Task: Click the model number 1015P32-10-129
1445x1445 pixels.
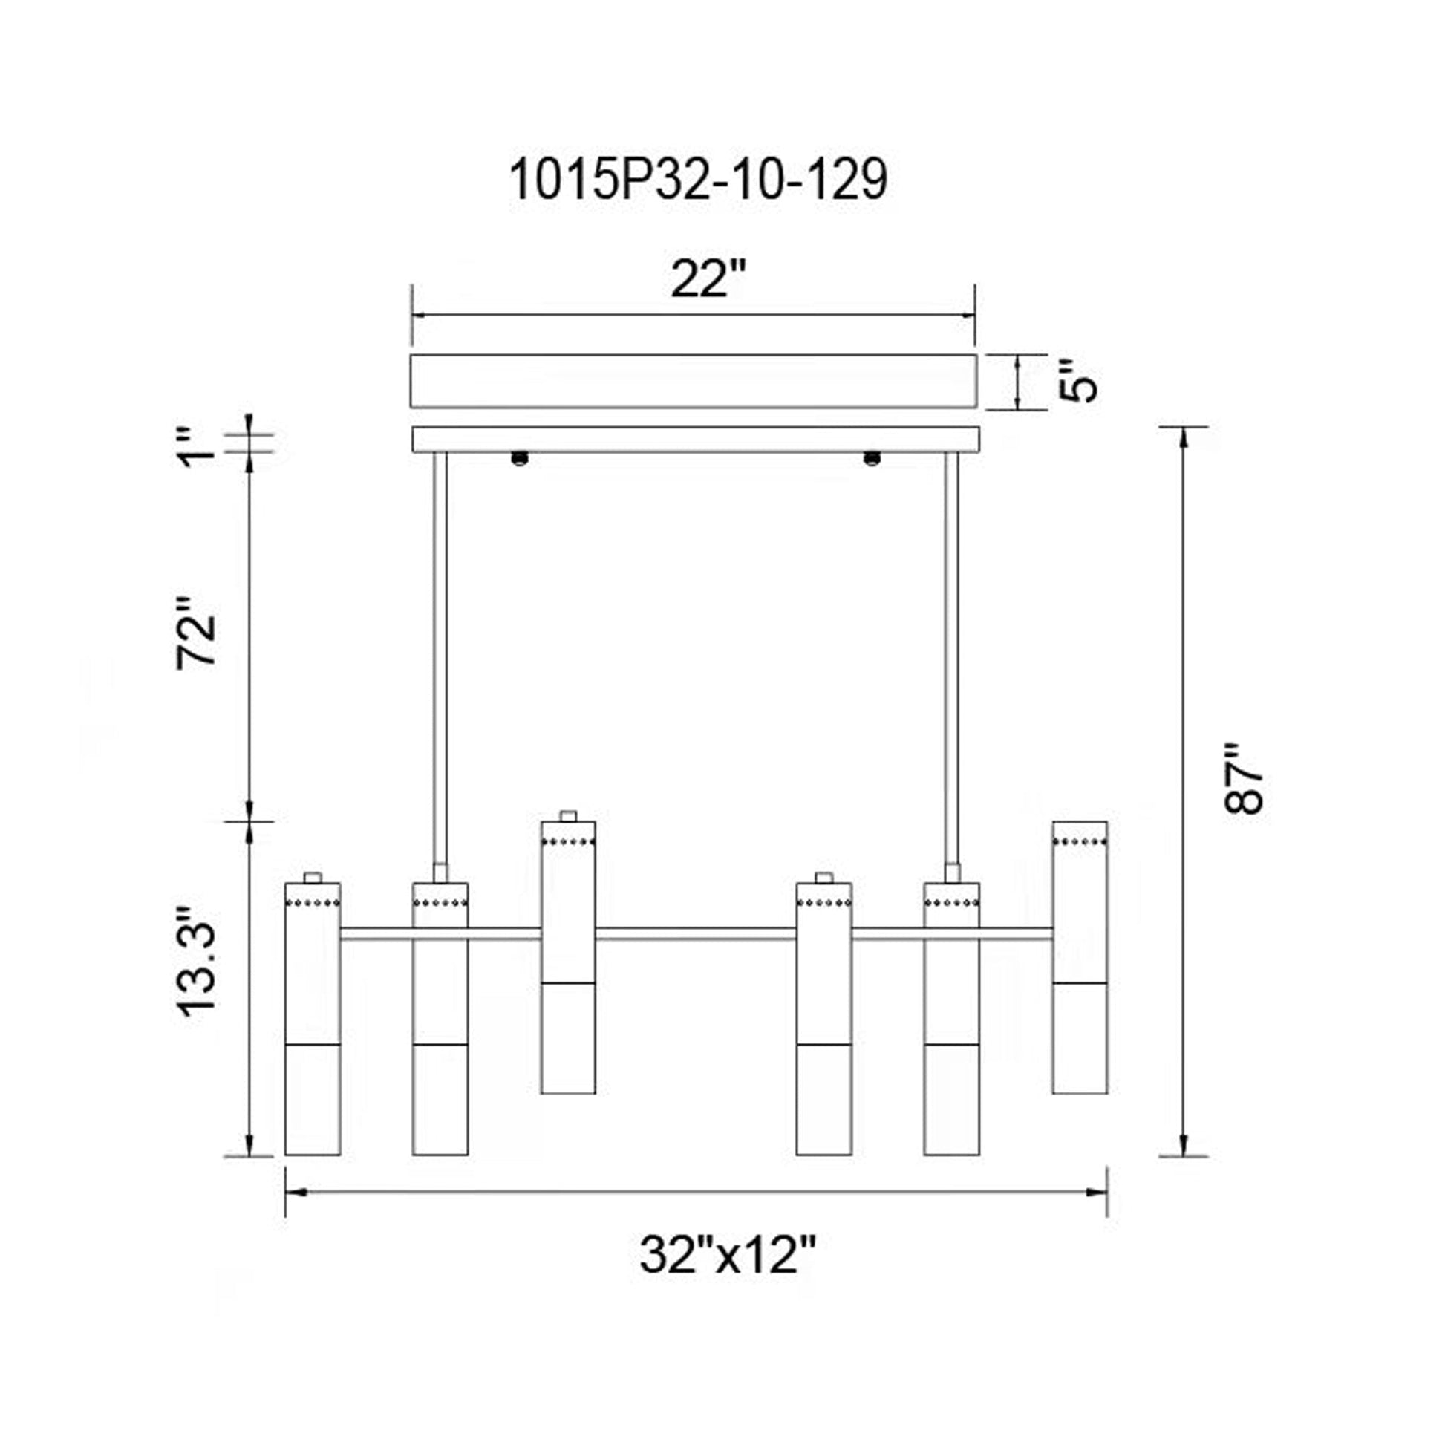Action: click(698, 180)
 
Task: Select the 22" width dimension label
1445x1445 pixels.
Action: click(708, 279)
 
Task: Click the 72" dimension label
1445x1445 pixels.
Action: click(197, 633)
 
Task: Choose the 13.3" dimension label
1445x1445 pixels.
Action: click(197, 962)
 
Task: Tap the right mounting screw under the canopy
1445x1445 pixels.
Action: click(871, 457)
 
